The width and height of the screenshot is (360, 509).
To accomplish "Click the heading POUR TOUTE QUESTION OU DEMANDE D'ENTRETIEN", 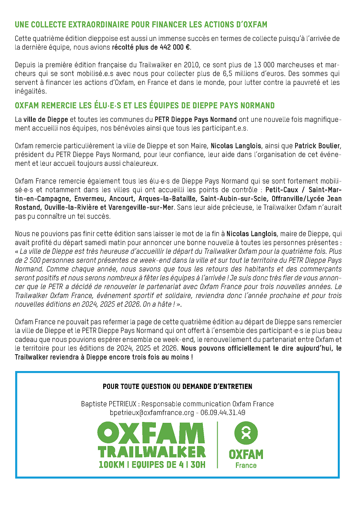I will tap(177, 386).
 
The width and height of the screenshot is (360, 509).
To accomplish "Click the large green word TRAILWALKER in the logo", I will tap(151, 451).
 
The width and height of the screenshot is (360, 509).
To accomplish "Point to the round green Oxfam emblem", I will tap(246, 433).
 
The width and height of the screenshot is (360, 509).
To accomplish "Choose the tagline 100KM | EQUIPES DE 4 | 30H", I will tap(151, 464).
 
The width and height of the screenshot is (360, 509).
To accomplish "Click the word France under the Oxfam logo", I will tap(246, 465).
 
